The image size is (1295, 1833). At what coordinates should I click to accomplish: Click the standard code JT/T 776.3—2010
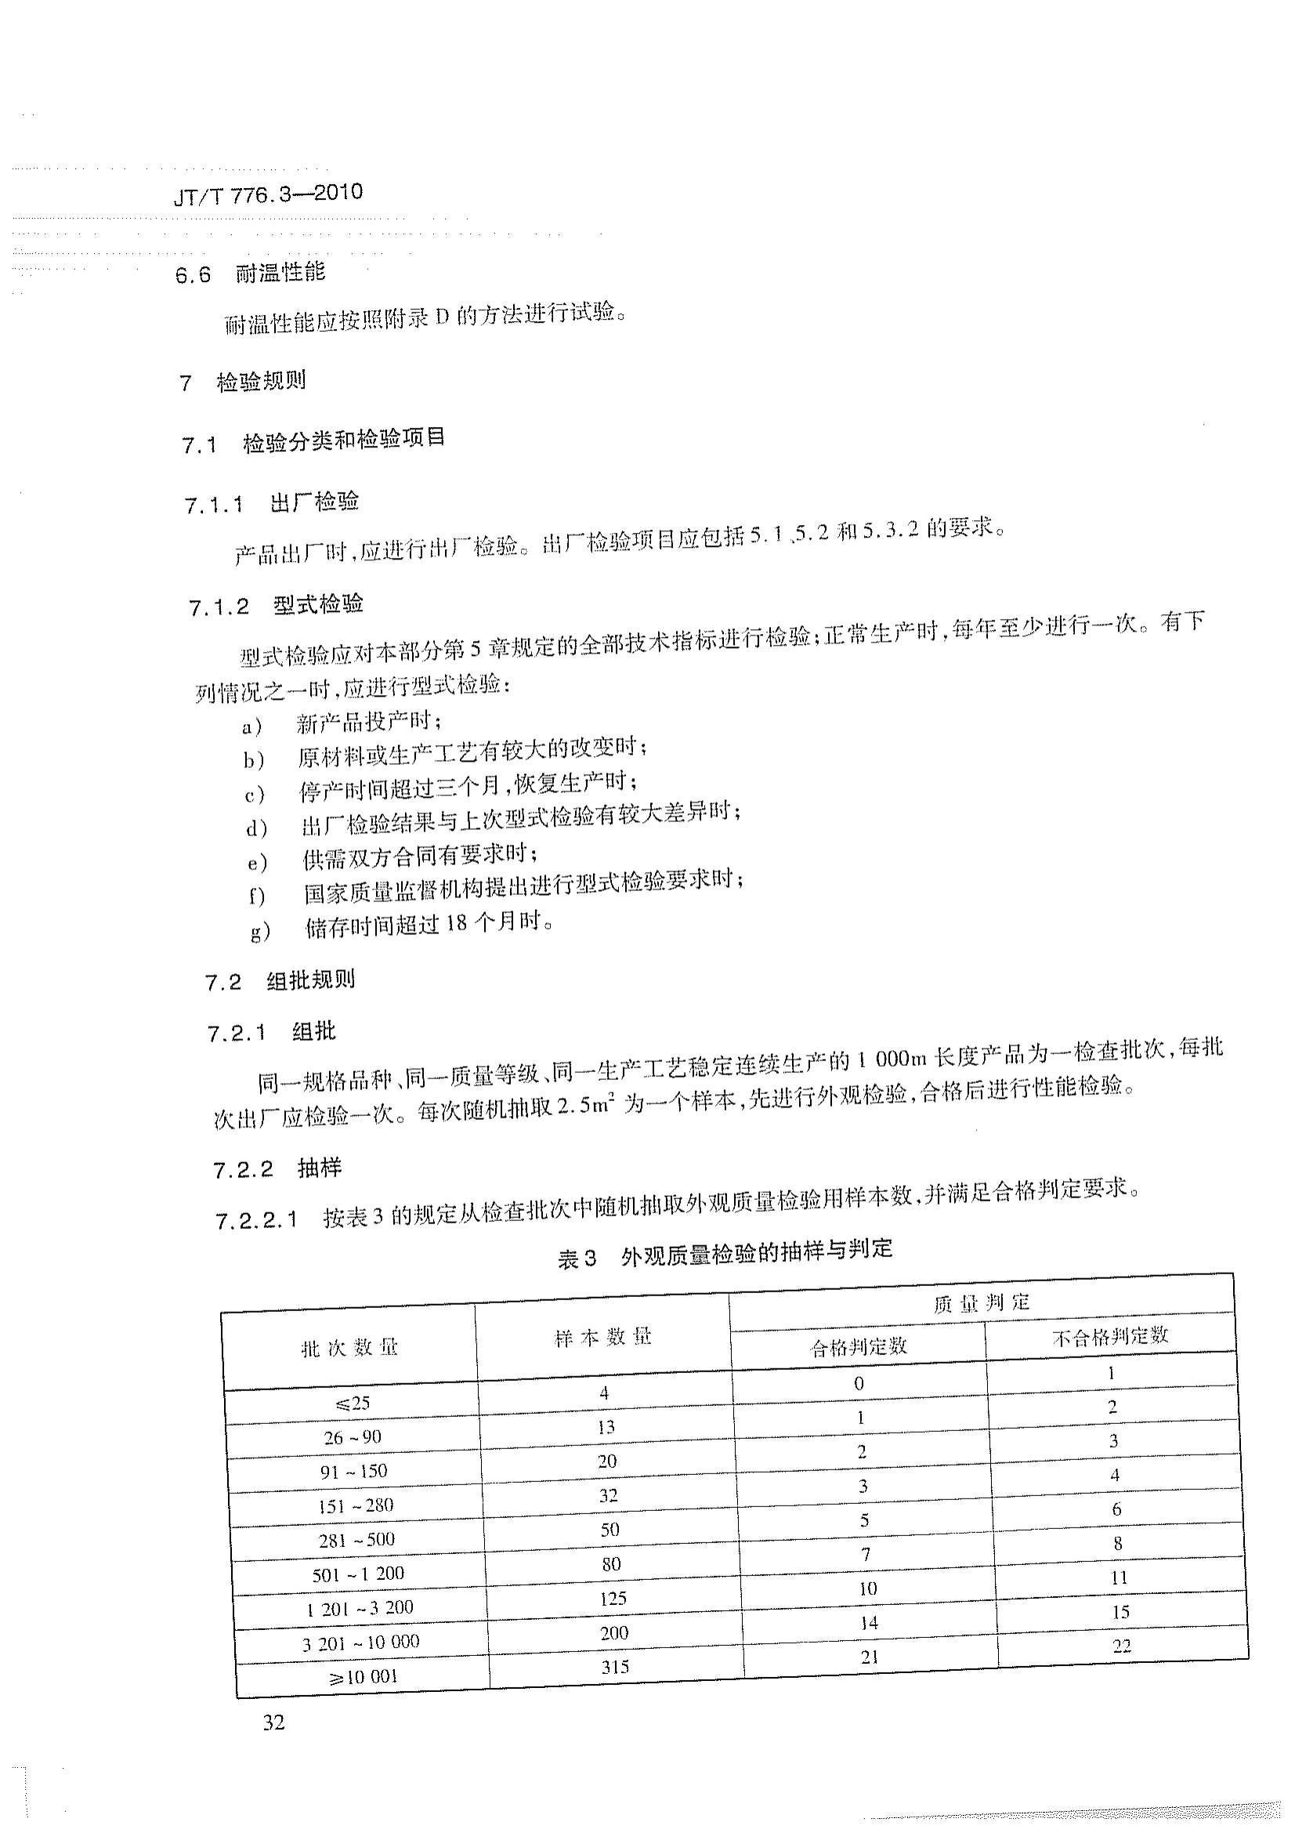[268, 194]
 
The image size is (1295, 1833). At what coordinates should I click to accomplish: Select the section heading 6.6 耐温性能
[251, 273]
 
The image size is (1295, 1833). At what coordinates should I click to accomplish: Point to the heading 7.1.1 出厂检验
[272, 503]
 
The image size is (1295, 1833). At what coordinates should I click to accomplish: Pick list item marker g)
[260, 931]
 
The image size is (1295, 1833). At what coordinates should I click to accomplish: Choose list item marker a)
[252, 726]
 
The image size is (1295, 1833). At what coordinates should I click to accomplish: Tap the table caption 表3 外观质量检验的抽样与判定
[725, 1252]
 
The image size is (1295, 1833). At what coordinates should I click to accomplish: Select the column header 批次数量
[349, 1349]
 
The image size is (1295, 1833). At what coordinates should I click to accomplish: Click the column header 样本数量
[603, 1336]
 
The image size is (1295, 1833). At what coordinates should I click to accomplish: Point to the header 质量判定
[982, 1304]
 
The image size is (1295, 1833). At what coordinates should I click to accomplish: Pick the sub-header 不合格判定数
[1110, 1335]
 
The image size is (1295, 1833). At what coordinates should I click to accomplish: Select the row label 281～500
[356, 1540]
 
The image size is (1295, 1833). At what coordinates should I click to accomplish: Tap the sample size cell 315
[615, 1667]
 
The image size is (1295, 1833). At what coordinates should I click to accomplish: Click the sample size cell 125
[613, 1598]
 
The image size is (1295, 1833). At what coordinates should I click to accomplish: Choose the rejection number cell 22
[1122, 1646]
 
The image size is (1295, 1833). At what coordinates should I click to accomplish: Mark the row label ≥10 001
[362, 1676]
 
